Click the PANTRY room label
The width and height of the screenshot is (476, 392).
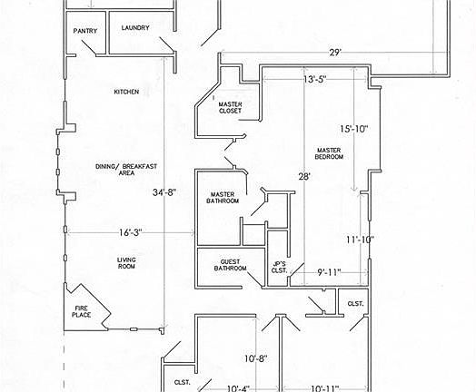(x=85, y=31)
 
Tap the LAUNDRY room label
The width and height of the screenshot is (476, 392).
(x=135, y=28)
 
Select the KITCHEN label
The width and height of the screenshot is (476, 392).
(x=126, y=92)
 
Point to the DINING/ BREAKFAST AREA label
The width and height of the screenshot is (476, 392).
(x=126, y=170)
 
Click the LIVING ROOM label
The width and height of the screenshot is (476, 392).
(x=126, y=263)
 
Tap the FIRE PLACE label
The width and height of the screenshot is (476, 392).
(x=82, y=311)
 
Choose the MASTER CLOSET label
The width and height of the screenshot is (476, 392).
(x=230, y=108)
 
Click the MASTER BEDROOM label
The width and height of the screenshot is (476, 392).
(x=329, y=153)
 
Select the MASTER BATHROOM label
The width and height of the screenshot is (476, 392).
(x=223, y=198)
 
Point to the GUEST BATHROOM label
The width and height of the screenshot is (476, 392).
(x=230, y=265)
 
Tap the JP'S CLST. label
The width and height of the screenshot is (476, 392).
(x=279, y=268)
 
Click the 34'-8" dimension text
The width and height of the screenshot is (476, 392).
(x=164, y=192)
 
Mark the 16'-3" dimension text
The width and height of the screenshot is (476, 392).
(x=131, y=232)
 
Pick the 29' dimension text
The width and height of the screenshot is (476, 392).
(x=335, y=53)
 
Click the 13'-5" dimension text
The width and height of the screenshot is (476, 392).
(x=315, y=79)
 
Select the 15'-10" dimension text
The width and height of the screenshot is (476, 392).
(x=354, y=129)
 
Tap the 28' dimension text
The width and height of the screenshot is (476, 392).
(x=304, y=176)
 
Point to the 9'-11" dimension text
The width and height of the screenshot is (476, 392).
(x=330, y=272)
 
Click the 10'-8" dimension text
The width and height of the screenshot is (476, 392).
(x=256, y=358)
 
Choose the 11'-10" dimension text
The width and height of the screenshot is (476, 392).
(x=361, y=240)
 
